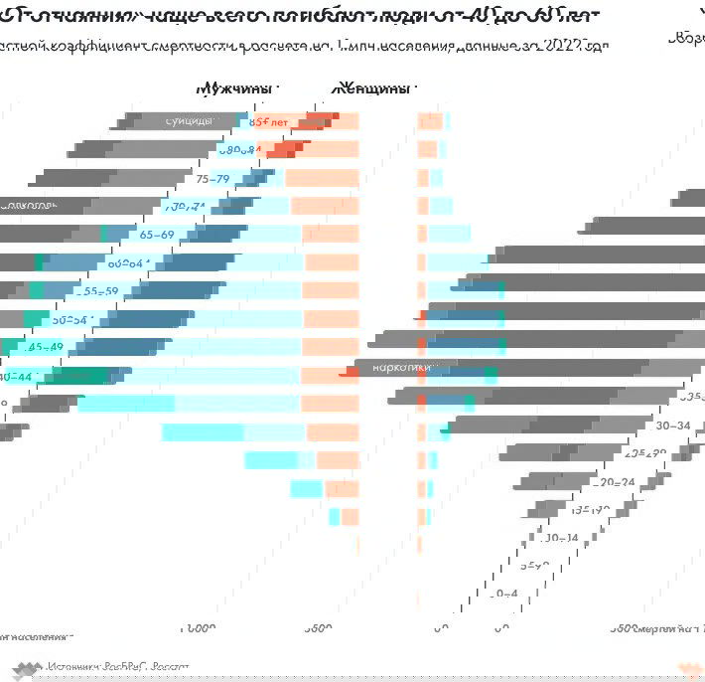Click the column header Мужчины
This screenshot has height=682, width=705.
pos(235,88)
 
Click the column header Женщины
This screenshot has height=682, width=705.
pos(372,88)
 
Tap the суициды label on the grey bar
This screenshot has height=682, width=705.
pos(189,121)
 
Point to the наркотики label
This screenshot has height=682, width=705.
pos(401,368)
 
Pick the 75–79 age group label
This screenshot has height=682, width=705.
pos(213,179)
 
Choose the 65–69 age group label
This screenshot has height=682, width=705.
pos(157,236)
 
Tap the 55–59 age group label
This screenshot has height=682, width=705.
pos(99,292)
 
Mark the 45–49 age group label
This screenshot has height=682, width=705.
pos(46,348)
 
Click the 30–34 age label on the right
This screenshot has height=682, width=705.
pos(673,425)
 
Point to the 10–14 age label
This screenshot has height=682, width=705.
pos(562,538)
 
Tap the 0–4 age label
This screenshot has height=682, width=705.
pos(505,594)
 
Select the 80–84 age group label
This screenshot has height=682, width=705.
pos(240,150)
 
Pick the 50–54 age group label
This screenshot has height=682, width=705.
pos(70,320)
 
